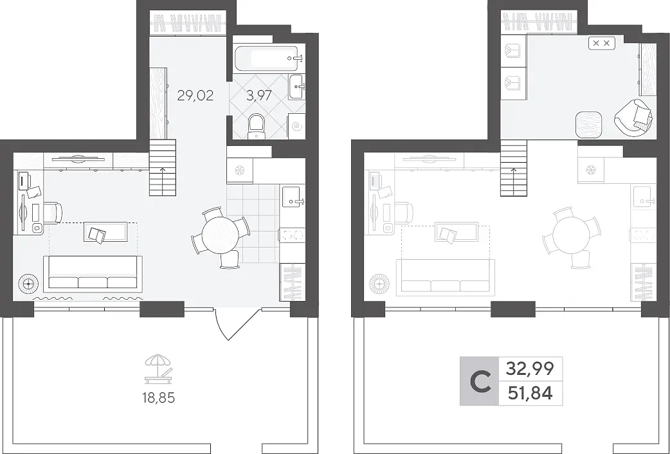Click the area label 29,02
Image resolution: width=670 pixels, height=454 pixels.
click(195, 95)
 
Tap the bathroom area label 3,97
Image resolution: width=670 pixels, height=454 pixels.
click(259, 95)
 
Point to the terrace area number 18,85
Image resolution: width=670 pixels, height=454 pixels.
click(159, 398)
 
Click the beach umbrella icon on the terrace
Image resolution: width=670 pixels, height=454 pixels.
click(159, 368)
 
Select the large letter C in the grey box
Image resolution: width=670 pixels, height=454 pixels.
click(480, 382)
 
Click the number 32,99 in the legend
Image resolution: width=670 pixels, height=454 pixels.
click(530, 368)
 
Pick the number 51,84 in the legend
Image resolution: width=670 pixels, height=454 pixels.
click(530, 392)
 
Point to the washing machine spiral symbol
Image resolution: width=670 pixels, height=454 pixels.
click(296, 126)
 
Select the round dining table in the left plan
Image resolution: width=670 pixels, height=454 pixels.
click(220, 235)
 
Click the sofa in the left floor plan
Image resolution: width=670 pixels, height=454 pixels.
click(93, 274)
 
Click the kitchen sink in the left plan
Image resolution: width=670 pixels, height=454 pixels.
click(293, 196)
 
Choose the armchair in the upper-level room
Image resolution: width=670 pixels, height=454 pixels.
click(634, 118)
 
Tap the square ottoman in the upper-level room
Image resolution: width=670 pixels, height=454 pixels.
click(589, 124)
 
